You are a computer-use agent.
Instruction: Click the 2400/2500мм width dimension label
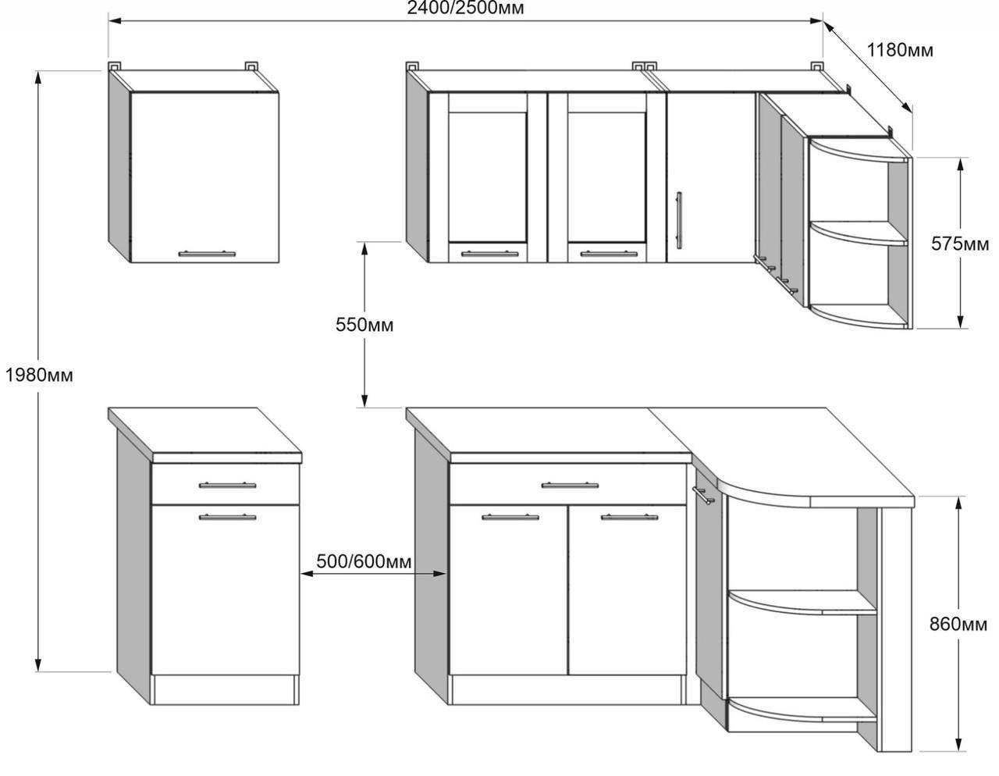[465, 8]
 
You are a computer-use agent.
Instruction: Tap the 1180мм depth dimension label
[900, 50]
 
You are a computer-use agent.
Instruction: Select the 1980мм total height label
[39, 376]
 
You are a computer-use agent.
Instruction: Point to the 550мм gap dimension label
[364, 325]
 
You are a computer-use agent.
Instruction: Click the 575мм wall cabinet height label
[960, 244]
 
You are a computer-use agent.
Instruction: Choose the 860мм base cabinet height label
[958, 624]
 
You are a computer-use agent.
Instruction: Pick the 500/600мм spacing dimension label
[364, 561]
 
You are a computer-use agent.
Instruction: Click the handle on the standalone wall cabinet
[207, 253]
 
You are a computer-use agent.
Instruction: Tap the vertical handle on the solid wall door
[678, 220]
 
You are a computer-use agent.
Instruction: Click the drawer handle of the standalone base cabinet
[227, 486]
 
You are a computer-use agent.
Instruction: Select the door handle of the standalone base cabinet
[227, 517]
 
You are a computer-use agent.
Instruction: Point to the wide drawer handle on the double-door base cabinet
[570, 486]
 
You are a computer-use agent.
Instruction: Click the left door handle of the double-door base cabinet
[510, 517]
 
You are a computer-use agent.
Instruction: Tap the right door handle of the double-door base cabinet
[629, 517]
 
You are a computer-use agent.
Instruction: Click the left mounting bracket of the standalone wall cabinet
[114, 66]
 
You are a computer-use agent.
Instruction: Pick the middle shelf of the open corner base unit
[802, 603]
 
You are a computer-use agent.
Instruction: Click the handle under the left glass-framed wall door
[489, 253]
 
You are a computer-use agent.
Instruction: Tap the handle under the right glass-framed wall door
[609, 253]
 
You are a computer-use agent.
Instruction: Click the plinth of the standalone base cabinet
[226, 689]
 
